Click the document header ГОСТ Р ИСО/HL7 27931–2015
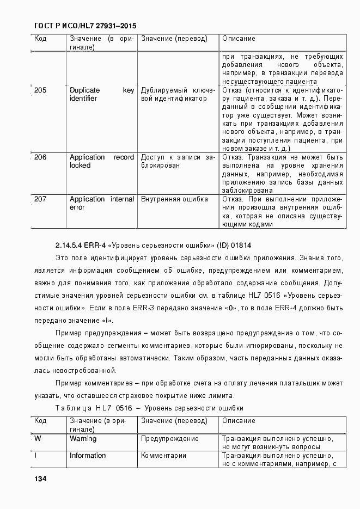[85, 26]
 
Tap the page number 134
[40, 479]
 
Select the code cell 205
[40, 90]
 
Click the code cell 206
[40, 157]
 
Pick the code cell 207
[40, 199]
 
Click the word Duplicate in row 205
[84, 90]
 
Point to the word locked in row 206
[80, 165]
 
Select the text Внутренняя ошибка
[174, 199]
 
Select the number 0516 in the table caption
[123, 408]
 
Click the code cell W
[38, 438]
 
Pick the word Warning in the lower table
[83, 438]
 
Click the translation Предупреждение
[169, 438]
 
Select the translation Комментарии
[163, 456]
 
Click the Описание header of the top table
[239, 39]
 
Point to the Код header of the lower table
[40, 421]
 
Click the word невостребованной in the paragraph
[77, 370]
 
